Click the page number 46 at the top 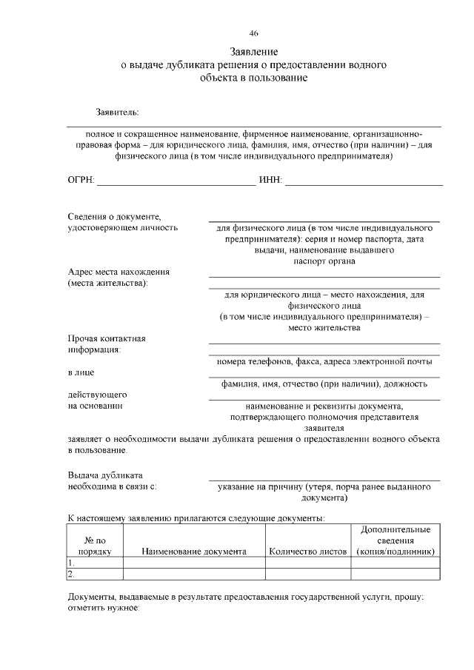(254, 33)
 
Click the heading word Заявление (254, 53)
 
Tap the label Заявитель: (117, 113)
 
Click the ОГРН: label (81, 181)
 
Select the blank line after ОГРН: (176, 182)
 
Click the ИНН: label (270, 181)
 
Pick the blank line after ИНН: (364, 182)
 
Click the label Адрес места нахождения (118, 272)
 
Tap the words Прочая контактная (107, 338)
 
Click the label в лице (81, 372)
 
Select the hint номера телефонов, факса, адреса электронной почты (324, 361)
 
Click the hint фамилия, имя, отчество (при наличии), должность (324, 383)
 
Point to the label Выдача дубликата (105, 475)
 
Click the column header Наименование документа (194, 552)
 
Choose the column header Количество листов (307, 552)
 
